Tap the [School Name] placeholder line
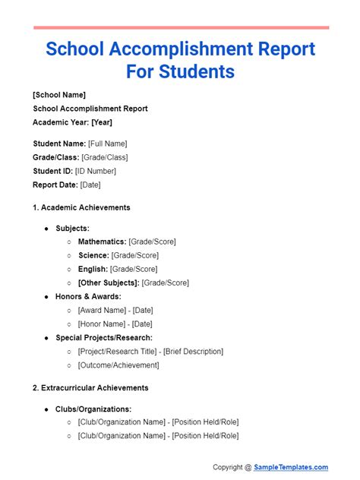pyautogui.click(x=59, y=95)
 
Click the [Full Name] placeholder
pyautogui.click(x=107, y=144)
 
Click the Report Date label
pyautogui.click(x=55, y=185)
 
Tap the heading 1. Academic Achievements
pyautogui.click(x=81, y=207)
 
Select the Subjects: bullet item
pyautogui.click(x=72, y=228)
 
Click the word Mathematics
pyautogui.click(x=102, y=242)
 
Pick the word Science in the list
pyautogui.click(x=93, y=255)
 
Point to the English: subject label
pyautogui.click(x=93, y=269)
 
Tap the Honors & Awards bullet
pyautogui.click(x=88, y=296)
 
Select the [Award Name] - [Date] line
pyautogui.click(x=115, y=310)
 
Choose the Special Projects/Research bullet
pyautogui.click(x=104, y=337)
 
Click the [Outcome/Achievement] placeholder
pyautogui.click(x=118, y=365)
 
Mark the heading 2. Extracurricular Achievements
pyautogui.click(x=90, y=387)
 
